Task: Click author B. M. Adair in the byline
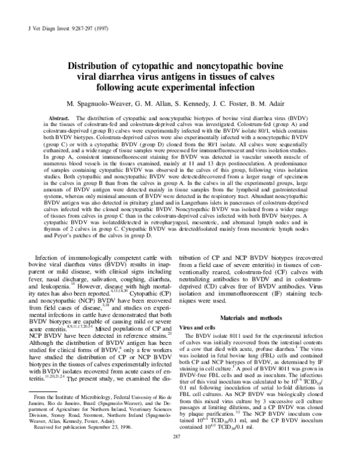pos(271,102)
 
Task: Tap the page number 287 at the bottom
pos(180,454)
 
